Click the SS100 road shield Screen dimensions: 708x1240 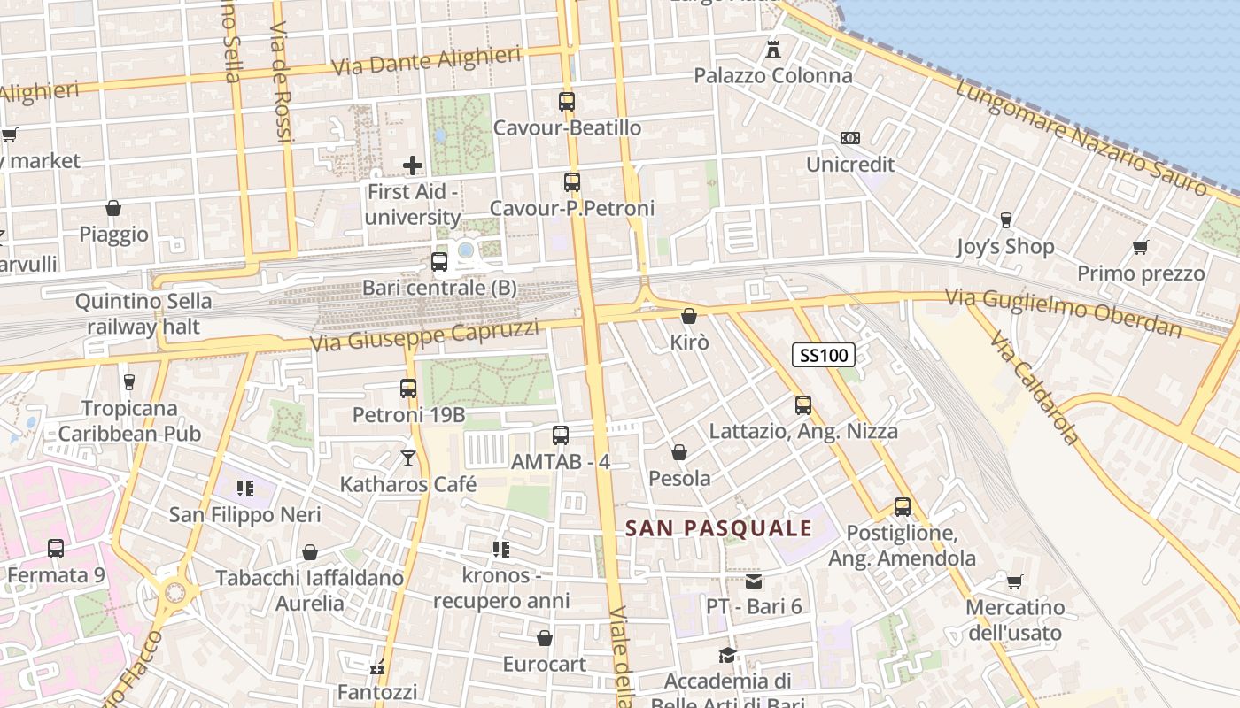point(823,356)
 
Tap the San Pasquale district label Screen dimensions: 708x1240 point(718,528)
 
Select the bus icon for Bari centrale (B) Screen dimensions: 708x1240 point(439,262)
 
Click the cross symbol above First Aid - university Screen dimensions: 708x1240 point(413,165)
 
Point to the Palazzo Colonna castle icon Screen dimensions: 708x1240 point(773,50)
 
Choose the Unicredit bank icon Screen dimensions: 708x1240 point(850,138)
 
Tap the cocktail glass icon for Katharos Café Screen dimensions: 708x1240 point(408,458)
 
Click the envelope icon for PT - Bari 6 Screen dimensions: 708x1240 point(754,581)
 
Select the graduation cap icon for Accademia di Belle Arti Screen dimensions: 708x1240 point(727,655)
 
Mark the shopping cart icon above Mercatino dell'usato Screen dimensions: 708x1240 point(1015,581)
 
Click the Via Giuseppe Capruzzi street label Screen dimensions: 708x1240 point(424,335)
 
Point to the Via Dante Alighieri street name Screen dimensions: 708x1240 point(425,62)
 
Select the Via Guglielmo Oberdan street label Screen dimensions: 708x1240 point(1063,313)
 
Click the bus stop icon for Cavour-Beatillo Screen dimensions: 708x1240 point(567,102)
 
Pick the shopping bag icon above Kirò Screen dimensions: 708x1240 point(689,315)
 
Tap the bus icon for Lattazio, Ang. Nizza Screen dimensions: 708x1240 point(803,405)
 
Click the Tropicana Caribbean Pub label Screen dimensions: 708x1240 point(129,421)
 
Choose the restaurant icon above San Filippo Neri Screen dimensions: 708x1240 point(245,489)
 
